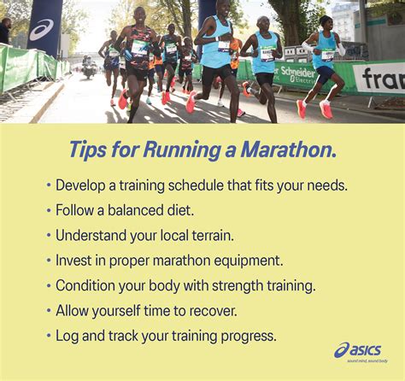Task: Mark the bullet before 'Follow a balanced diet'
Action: (49, 209)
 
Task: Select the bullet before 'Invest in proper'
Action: (49, 260)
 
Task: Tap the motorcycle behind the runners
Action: (88, 68)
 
